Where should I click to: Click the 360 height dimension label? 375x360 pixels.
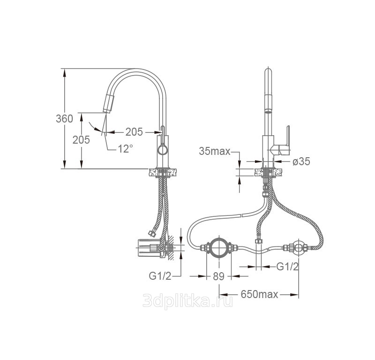(64, 119)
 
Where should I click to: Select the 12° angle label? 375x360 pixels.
(125, 149)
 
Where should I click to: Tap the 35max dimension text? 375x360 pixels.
(215, 151)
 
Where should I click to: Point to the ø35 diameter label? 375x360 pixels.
(301, 161)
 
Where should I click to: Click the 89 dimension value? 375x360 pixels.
(218, 276)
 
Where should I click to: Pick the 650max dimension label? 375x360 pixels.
(260, 294)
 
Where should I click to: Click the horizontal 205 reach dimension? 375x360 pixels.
(134, 132)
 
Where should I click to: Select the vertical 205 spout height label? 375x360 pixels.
(81, 140)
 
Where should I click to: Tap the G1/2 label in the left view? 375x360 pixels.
(160, 276)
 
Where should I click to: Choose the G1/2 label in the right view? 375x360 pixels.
(287, 266)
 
